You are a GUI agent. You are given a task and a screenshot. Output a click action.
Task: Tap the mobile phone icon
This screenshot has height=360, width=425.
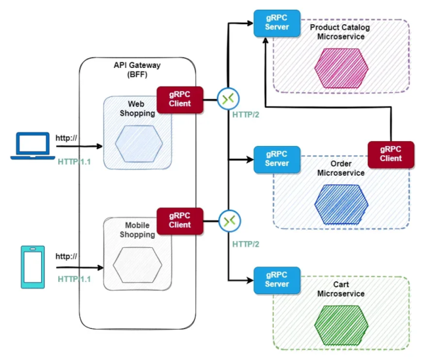pos(33,266)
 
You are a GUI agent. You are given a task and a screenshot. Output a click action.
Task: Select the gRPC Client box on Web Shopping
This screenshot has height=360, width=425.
pos(180,99)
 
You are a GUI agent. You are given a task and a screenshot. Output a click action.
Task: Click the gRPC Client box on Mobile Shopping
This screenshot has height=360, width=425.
pos(180,220)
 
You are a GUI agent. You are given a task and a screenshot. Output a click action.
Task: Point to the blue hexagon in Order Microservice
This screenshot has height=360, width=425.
pos(342,201)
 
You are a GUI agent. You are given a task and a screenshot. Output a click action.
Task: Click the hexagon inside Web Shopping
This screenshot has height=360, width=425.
pos(140,142)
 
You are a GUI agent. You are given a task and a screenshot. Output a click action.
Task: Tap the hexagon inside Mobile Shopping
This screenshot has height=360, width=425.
pos(140,264)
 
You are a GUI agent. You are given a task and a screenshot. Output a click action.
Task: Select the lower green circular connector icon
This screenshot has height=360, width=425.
pos(228,221)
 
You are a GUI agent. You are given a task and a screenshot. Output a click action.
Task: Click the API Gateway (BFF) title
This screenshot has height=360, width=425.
pos(137,69)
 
